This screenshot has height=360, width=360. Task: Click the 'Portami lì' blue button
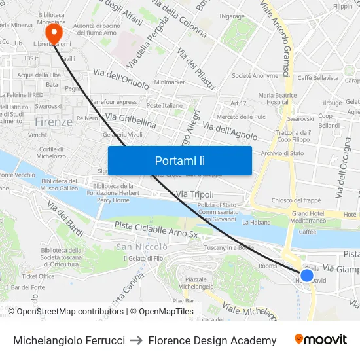pyautogui.click(x=179, y=160)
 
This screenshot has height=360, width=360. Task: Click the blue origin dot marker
pyautogui.click(x=306, y=275)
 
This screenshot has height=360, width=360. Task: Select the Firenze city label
pyautogui.click(x=54, y=122)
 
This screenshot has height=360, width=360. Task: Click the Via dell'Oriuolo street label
pyautogui.click(x=121, y=80)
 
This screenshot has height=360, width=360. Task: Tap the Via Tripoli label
pyautogui.click(x=195, y=194)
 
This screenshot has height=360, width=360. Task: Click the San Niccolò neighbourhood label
pyautogui.click(x=142, y=247)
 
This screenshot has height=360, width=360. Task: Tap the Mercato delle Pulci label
pyautogui.click(x=242, y=117)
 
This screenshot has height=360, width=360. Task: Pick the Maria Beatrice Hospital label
pyautogui.click(x=282, y=98)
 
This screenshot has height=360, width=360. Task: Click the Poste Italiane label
pyautogui.click(x=164, y=105)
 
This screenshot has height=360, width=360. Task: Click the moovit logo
pyautogui.click(x=320, y=340)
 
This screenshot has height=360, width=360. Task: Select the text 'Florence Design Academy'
pyautogui.click(x=212, y=340)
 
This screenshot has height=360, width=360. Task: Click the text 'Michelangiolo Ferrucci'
pyautogui.click(x=69, y=340)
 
